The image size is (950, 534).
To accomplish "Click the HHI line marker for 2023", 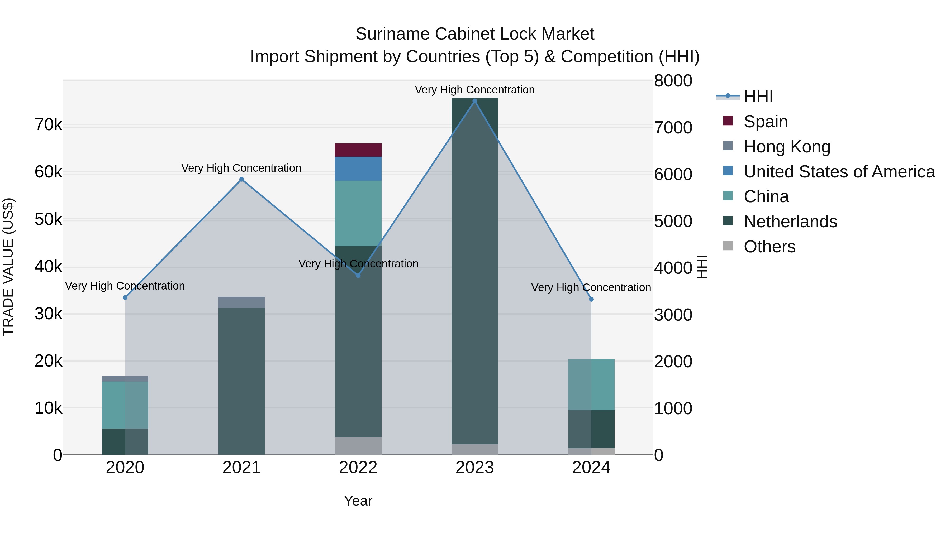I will [x=475, y=101].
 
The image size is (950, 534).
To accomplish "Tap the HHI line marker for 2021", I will [x=241, y=180].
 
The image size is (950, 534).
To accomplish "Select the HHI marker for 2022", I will [x=358, y=275].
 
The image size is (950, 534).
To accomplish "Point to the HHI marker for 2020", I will [x=125, y=297].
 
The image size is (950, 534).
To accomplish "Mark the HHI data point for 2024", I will [x=591, y=299].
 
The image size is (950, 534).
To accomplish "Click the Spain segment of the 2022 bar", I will [x=358, y=150].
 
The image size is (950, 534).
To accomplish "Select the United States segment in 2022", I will [x=358, y=169].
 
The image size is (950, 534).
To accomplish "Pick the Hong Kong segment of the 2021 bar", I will [x=241, y=302].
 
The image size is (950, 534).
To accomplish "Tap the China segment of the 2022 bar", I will [x=358, y=213].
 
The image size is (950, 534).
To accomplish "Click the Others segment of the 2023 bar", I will [x=475, y=449].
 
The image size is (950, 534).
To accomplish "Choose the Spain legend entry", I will [x=766, y=122].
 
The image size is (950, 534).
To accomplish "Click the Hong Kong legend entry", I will [x=787, y=147].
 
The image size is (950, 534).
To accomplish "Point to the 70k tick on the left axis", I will [x=48, y=125].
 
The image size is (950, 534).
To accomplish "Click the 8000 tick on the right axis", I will [x=673, y=81].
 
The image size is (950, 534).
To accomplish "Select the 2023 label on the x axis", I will [x=475, y=468].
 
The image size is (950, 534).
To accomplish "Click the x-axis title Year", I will [x=358, y=501].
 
